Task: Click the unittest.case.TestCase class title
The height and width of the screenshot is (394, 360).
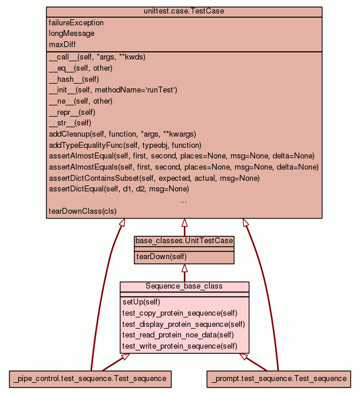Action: [184, 11]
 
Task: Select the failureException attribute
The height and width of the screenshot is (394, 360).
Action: [76, 23]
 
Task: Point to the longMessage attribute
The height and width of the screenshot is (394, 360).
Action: [71, 34]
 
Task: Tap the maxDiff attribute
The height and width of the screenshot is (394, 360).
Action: [62, 44]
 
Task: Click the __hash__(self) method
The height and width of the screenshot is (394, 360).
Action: [74, 79]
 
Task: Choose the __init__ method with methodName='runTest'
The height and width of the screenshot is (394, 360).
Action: [113, 90]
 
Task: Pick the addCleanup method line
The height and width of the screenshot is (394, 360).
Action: [122, 134]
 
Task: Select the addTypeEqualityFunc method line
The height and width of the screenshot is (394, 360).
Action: [125, 145]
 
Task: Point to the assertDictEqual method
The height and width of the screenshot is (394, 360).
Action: [118, 189]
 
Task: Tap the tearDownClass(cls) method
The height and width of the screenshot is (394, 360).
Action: [82, 211]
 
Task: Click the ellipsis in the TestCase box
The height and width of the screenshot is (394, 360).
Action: [184, 201]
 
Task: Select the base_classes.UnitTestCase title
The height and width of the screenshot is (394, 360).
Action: [184, 241]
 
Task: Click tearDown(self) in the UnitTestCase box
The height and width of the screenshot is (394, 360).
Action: [161, 257]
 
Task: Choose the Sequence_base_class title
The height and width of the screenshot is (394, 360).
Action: [184, 286]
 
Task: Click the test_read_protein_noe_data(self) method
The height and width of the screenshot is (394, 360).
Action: [178, 335]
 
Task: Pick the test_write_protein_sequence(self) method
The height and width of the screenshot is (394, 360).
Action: [180, 346]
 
